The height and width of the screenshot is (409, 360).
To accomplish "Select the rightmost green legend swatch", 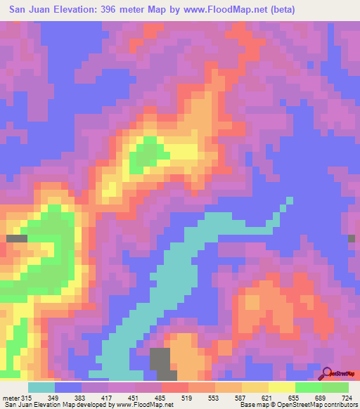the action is [335, 387].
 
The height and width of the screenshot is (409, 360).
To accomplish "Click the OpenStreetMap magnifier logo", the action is [328, 372].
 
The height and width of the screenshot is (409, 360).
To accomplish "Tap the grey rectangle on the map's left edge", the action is [16, 239].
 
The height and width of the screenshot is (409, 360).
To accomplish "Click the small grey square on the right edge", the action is [352, 239].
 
